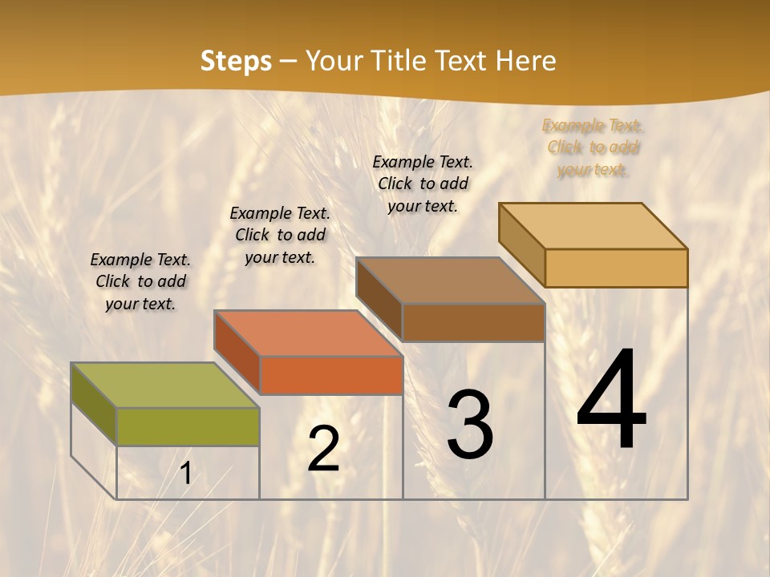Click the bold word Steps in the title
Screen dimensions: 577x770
coord(236,61)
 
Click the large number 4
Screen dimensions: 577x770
coord(611,401)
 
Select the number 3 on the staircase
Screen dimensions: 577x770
coord(470,425)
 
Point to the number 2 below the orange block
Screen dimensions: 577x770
coord(323,449)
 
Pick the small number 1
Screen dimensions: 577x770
coord(186,474)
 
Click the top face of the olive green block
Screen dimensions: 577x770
coord(164,385)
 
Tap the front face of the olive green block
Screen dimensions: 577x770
coord(188,426)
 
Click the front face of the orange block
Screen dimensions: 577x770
coord(331,375)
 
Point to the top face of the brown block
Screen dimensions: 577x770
coord(450,280)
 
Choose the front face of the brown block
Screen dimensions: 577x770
coord(473,322)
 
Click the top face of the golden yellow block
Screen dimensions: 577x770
coord(593,225)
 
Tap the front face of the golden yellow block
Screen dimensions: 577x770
coord(616,268)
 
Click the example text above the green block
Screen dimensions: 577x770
coord(140,281)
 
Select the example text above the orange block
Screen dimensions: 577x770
coord(280,235)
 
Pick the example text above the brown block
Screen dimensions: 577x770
coord(423,184)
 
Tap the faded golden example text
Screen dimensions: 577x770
coord(593,147)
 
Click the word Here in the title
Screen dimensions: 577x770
coord(525,61)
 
